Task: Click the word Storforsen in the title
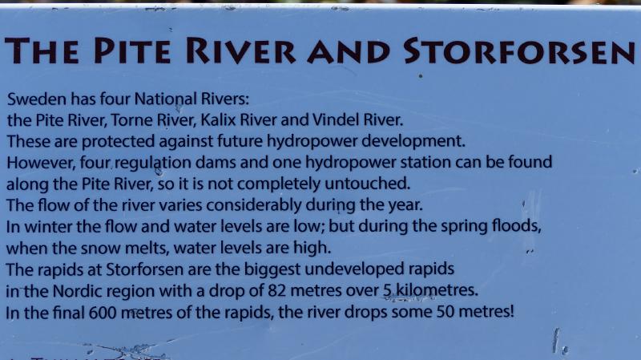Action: [519, 51]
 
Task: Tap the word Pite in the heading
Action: [132, 51]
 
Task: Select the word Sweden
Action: [37, 99]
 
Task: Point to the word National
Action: [166, 99]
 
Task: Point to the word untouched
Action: [367, 184]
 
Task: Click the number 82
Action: [276, 291]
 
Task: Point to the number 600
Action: [103, 313]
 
